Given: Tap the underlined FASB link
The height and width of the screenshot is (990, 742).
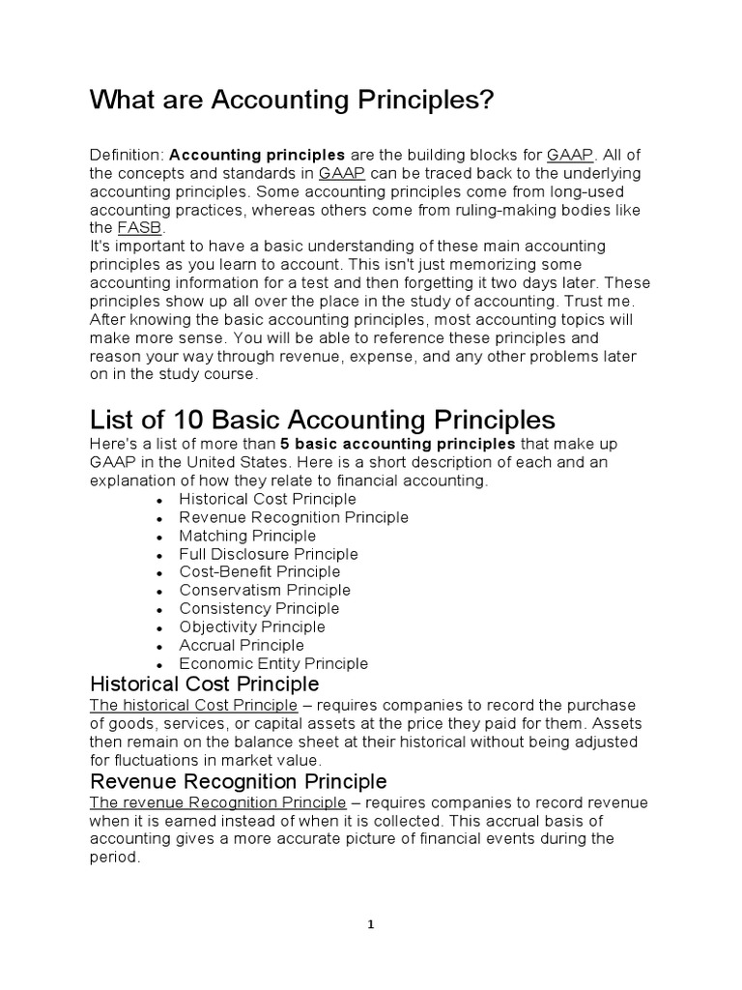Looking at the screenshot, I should (x=134, y=228).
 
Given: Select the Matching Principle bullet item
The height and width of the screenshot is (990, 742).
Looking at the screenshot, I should (x=247, y=536).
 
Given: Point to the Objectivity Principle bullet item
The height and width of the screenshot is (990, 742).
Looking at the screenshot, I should (x=252, y=626).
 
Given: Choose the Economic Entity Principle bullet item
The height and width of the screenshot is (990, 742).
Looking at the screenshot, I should (x=273, y=663).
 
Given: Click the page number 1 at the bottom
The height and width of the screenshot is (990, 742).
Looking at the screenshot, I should (x=371, y=924).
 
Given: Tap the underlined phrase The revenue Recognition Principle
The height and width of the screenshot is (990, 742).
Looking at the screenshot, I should (x=217, y=802).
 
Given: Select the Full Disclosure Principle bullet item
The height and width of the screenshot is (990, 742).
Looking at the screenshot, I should (x=269, y=554).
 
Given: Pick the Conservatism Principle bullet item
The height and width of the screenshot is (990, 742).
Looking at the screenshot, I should (x=265, y=590).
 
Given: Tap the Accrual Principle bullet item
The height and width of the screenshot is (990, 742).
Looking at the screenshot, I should (x=242, y=645).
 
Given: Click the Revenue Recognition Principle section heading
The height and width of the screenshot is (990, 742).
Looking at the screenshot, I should (x=238, y=780).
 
